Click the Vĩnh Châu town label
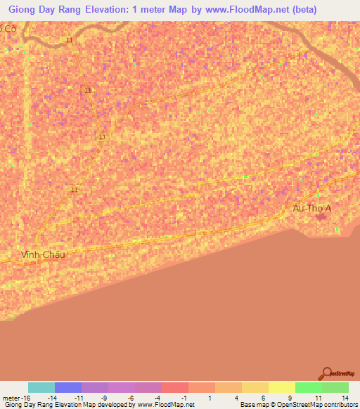(x=43, y=254)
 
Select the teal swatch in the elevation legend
(x=41, y=387)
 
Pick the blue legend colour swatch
(x=68, y=387)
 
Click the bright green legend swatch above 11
(x=309, y=387)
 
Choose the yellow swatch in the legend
(x=282, y=387)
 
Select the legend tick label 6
(x=263, y=398)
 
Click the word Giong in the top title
(x=25, y=10)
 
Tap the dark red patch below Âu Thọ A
(x=322, y=216)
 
